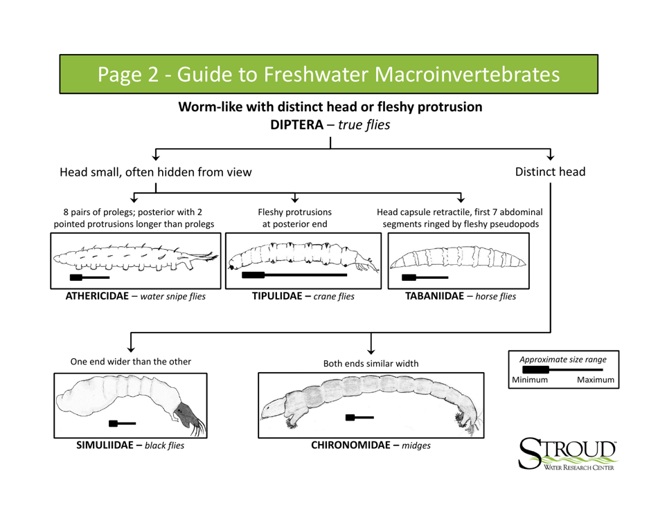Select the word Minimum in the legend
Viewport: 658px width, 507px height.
[x=531, y=380]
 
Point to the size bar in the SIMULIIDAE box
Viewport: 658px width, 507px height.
[x=122, y=422]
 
